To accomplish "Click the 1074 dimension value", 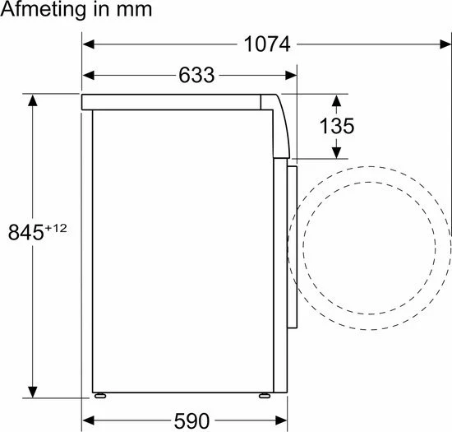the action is [x=266, y=44].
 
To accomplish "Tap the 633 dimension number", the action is [x=196, y=75].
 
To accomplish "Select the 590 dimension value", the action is [x=191, y=420].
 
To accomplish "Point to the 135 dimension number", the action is [x=337, y=126].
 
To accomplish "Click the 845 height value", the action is [x=26, y=232].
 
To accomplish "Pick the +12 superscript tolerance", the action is [x=56, y=228].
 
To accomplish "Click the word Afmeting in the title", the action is [x=44, y=10].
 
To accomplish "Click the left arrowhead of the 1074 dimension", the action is [x=89, y=44].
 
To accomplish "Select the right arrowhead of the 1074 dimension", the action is [x=445, y=44].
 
